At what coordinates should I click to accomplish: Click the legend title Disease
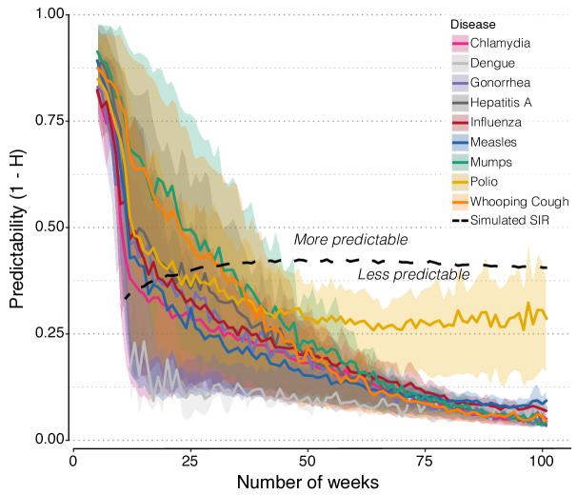(x=473, y=24)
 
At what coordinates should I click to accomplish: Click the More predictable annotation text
(x=350, y=239)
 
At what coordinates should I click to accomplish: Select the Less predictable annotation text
(x=413, y=275)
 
